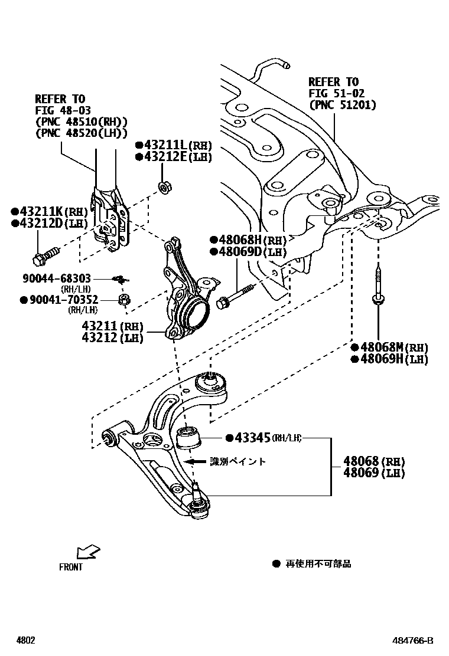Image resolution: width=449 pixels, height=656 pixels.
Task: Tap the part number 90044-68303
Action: click(57, 277)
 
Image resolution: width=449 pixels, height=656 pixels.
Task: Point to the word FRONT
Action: click(71, 568)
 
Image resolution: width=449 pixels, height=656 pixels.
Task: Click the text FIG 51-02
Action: click(336, 93)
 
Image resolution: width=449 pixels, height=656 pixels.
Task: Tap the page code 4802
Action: click(25, 640)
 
